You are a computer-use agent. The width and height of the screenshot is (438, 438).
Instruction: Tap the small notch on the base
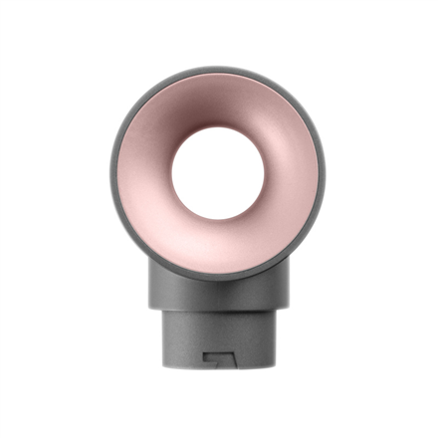[x=217, y=356]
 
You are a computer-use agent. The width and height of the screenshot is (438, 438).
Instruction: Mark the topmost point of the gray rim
[x=217, y=67]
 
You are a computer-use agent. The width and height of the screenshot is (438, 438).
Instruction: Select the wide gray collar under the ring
[x=217, y=289]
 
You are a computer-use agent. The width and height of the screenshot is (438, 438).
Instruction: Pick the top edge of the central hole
[x=217, y=126]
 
